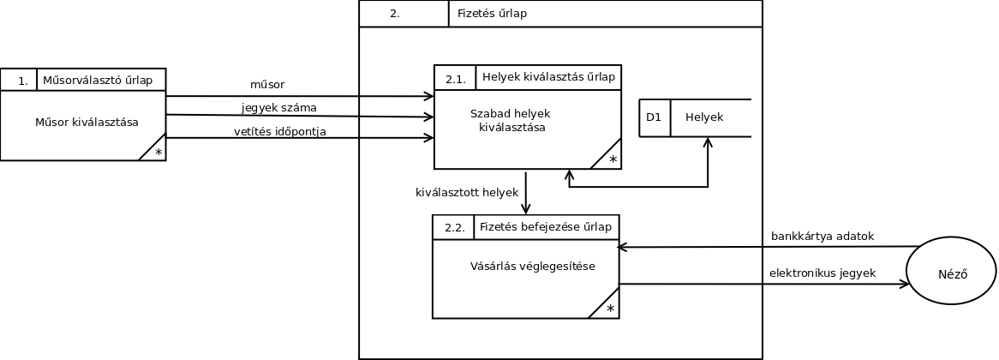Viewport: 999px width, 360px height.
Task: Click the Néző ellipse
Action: (x=951, y=271)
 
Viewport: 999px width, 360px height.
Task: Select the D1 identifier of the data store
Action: (x=654, y=117)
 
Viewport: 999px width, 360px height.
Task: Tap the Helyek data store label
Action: (x=704, y=117)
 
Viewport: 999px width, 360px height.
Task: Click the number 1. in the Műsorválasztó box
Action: (x=22, y=81)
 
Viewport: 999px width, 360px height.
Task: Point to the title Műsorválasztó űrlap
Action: (x=98, y=81)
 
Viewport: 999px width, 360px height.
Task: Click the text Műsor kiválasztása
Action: (x=87, y=122)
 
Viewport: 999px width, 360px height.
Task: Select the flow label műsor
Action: (x=267, y=85)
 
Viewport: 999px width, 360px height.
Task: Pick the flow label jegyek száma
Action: (x=279, y=108)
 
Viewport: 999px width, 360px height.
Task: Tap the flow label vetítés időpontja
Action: (x=279, y=131)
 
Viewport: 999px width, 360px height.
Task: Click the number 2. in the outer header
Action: (x=394, y=14)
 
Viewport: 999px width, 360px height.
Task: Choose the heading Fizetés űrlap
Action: (x=492, y=14)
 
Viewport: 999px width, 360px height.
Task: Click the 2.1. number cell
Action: (x=456, y=79)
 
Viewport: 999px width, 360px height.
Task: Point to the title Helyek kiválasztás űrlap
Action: (x=548, y=77)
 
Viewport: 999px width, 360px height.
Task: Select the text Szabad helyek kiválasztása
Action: (x=511, y=121)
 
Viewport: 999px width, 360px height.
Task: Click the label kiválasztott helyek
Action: (x=467, y=193)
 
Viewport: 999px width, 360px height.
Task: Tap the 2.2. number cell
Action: (x=455, y=228)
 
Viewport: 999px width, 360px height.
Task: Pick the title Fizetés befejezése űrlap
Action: (x=546, y=227)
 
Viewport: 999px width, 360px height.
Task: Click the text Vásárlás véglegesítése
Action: (x=521, y=266)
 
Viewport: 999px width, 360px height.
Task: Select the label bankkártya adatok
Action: (x=823, y=237)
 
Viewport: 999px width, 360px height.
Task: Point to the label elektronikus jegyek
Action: (x=823, y=273)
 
